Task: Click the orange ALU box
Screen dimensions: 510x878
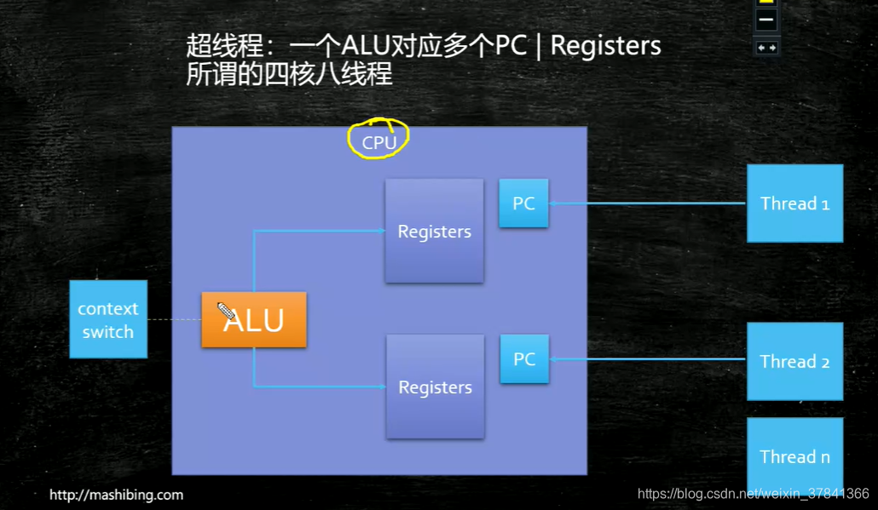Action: [254, 320]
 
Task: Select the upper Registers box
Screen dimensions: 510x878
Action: [434, 231]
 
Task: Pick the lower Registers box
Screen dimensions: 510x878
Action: [435, 387]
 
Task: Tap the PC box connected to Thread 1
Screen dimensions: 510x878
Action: [523, 203]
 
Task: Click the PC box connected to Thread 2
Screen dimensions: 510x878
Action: [524, 359]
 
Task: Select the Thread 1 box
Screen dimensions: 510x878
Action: [794, 203]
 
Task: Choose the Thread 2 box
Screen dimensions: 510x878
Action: [794, 361]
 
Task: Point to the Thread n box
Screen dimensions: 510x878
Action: [794, 456]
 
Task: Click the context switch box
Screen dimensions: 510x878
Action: [108, 320]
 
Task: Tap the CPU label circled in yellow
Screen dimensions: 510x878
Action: [379, 142]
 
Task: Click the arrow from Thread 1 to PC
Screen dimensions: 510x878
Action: [648, 203]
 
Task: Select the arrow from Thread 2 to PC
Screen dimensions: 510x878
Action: [648, 359]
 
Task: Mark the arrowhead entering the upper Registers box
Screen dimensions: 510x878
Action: [380, 231]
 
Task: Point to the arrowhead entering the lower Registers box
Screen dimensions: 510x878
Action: [381, 387]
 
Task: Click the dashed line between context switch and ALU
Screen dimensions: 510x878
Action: [174, 320]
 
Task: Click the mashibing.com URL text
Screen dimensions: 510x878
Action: [116, 495]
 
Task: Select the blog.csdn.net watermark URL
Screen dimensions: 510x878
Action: [754, 494]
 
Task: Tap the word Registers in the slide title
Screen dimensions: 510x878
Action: [606, 45]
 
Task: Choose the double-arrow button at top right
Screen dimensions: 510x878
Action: [767, 48]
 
